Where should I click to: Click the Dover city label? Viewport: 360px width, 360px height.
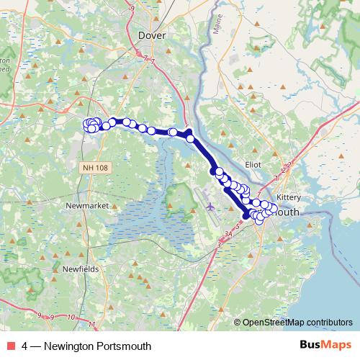click(151, 33)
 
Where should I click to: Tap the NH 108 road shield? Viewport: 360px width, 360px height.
click(94, 167)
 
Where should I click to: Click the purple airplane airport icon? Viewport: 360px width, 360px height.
click(210, 207)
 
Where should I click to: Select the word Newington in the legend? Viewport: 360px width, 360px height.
click(70, 346)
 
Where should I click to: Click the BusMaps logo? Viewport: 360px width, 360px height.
click(325, 346)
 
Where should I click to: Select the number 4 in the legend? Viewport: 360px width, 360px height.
click(25, 346)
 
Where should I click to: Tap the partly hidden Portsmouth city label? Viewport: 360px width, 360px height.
click(289, 213)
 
